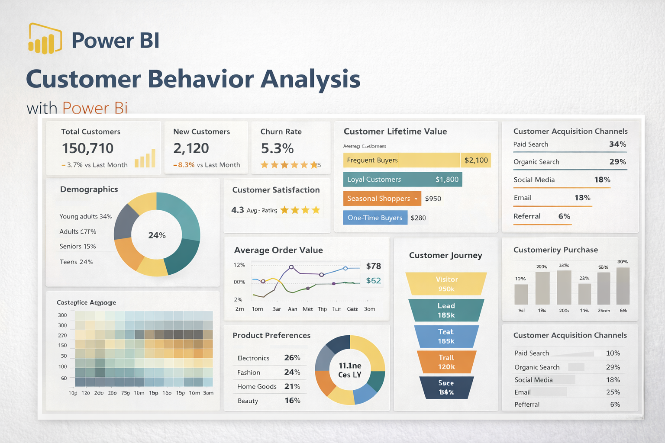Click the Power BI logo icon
[x=45, y=39]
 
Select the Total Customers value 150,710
[x=87, y=148]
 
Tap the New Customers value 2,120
[x=191, y=148]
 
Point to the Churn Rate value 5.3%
[x=277, y=148]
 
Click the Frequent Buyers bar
[x=401, y=160]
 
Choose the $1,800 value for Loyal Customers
[x=447, y=180]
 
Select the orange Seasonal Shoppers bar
[x=381, y=199]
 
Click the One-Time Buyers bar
[x=375, y=218]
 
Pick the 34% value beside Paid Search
[x=617, y=144]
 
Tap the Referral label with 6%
[x=527, y=216]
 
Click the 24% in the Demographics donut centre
[x=157, y=235]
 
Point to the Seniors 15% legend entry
[x=78, y=246]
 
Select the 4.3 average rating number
[x=238, y=210]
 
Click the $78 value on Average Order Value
[x=373, y=266]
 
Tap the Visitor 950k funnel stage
[x=446, y=284]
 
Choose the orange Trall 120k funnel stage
[x=446, y=362]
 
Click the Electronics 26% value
[x=292, y=358]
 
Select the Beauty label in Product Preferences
[x=248, y=401]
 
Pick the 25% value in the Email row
[x=613, y=392]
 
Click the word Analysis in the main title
[x=310, y=79]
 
